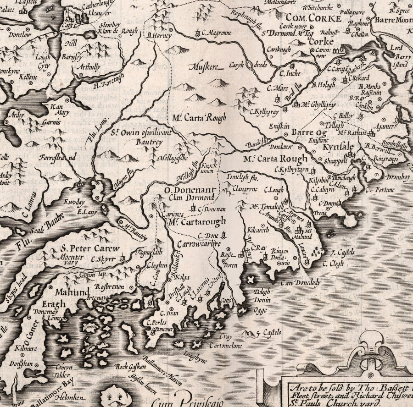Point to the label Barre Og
308,133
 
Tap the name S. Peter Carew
89,248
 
